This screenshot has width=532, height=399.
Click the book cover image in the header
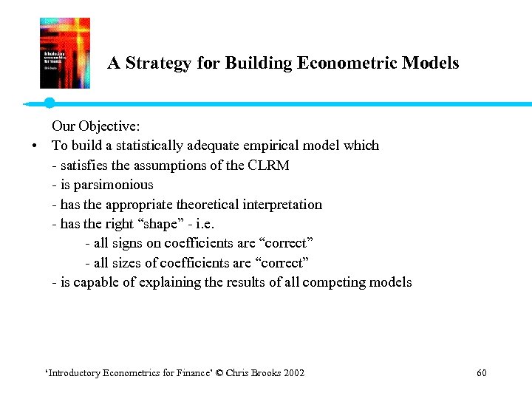65,53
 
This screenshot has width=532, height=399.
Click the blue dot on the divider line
50,103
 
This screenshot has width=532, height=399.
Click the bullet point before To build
35,146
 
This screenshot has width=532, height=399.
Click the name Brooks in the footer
267,373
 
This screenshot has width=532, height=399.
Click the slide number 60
482,373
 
